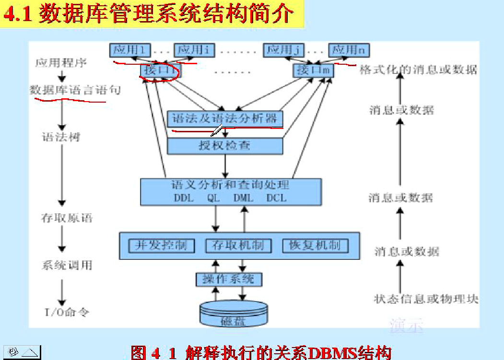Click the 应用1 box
[x=130, y=50]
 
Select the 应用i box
[x=193, y=50]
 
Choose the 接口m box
[x=314, y=70]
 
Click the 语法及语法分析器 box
[x=225, y=119]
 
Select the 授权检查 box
[x=225, y=146]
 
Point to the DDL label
[x=183, y=197]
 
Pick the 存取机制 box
[x=238, y=245]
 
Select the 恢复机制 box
[x=315, y=245]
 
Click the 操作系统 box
[x=229, y=279]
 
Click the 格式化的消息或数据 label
[x=418, y=70]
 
